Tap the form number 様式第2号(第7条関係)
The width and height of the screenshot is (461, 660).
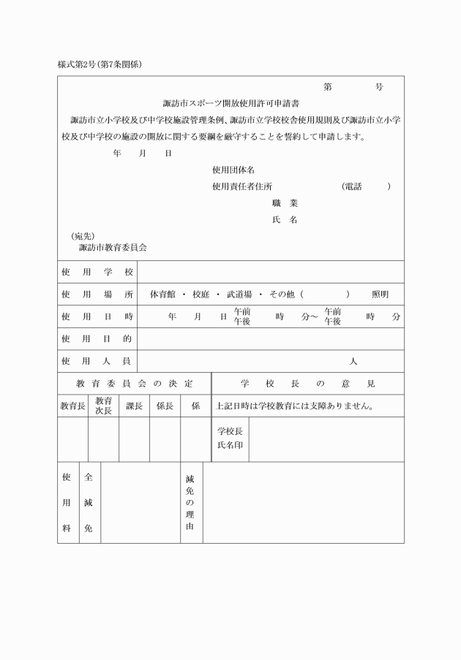pos(100,64)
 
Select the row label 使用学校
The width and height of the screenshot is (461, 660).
pos(97,272)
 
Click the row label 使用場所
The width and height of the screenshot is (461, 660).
pos(97,294)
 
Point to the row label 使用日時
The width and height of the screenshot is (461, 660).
pos(97,316)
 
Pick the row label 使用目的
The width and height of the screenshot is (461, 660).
pos(97,338)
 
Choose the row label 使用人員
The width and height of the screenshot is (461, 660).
pos(97,361)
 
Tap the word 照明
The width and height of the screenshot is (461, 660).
pos(380,294)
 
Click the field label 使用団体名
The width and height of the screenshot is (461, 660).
pos(233,170)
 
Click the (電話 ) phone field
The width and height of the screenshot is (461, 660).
pos(366,186)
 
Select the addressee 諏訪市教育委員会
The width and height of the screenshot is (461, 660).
pos(113,248)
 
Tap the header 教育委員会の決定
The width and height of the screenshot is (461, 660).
pos(134,383)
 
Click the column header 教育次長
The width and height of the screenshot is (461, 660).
pos(103,406)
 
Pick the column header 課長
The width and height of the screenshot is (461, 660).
pos(134,406)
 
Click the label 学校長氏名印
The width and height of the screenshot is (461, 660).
pos(230,438)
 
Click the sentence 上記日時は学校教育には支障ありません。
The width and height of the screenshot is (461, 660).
pos(295,406)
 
